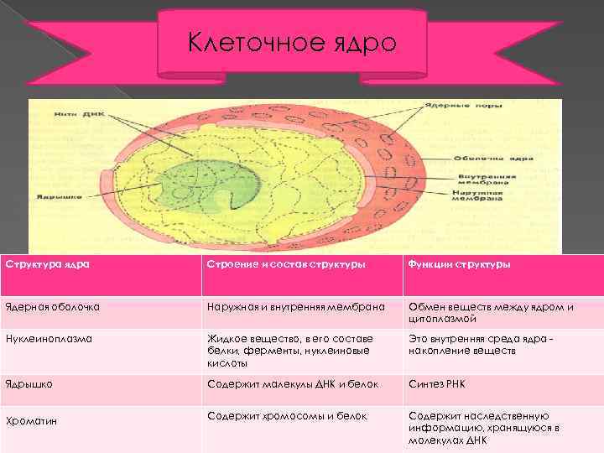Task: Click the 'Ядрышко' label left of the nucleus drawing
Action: point(54,198)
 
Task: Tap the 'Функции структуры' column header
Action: point(460,264)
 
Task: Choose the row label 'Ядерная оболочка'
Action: point(52,307)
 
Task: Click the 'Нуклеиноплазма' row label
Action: point(49,339)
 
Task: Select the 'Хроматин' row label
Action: point(30,420)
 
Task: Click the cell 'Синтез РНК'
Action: point(436,384)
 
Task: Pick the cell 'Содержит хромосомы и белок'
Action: point(286,415)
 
